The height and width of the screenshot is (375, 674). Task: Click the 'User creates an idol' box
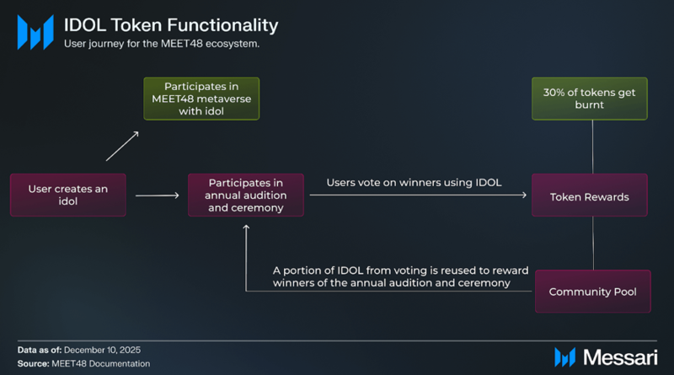[x=67, y=195]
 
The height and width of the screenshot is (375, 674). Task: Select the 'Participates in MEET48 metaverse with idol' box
[x=201, y=98]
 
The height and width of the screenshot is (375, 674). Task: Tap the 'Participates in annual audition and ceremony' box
[x=245, y=195]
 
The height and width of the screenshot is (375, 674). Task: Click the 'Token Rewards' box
[x=589, y=196]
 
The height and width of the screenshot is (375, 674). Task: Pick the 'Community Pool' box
[x=592, y=292]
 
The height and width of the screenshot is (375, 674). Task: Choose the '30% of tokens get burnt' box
[x=589, y=98]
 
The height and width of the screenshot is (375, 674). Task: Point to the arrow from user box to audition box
[x=157, y=196]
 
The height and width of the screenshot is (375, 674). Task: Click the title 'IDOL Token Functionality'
[x=171, y=25]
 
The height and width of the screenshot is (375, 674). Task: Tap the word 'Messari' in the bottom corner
[x=619, y=356]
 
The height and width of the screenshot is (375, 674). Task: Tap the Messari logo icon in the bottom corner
[x=565, y=356]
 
